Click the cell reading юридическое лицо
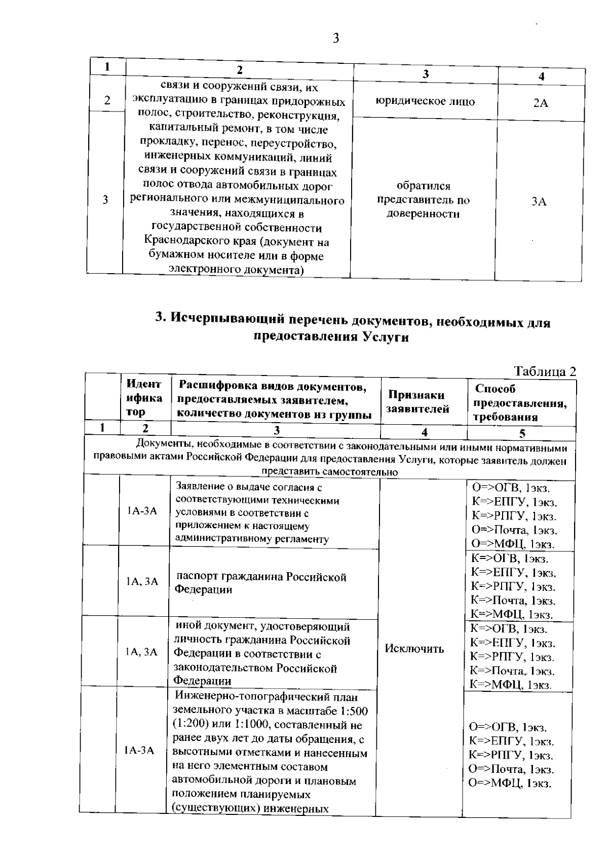425,101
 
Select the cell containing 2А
541,103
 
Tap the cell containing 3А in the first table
539,201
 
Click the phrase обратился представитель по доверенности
423,200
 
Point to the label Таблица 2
545,371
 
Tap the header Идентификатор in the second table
144,398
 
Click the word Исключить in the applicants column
414,649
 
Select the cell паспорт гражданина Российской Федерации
260,583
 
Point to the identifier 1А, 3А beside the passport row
142,581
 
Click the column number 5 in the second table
522,433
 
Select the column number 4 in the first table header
541,77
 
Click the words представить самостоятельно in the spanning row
329,472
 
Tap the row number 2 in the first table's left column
107,100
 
